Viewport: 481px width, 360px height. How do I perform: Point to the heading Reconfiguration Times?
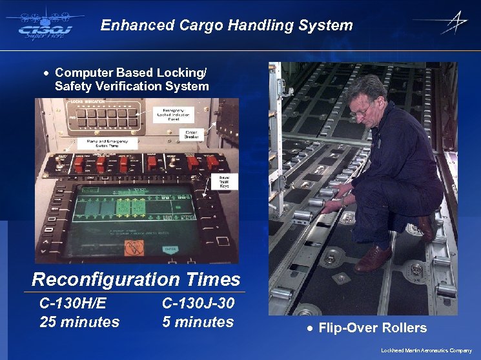136,279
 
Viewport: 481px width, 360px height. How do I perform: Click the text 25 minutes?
79,321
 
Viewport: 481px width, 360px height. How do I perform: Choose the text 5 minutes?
198,321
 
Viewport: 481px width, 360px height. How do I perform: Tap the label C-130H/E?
73,303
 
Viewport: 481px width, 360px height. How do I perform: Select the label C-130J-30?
198,303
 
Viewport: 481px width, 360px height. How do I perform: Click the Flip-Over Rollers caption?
372,328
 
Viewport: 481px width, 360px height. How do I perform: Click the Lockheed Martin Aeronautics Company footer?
426,350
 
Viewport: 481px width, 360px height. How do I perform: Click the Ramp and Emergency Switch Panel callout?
103,144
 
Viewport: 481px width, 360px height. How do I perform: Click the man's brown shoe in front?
373,259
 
